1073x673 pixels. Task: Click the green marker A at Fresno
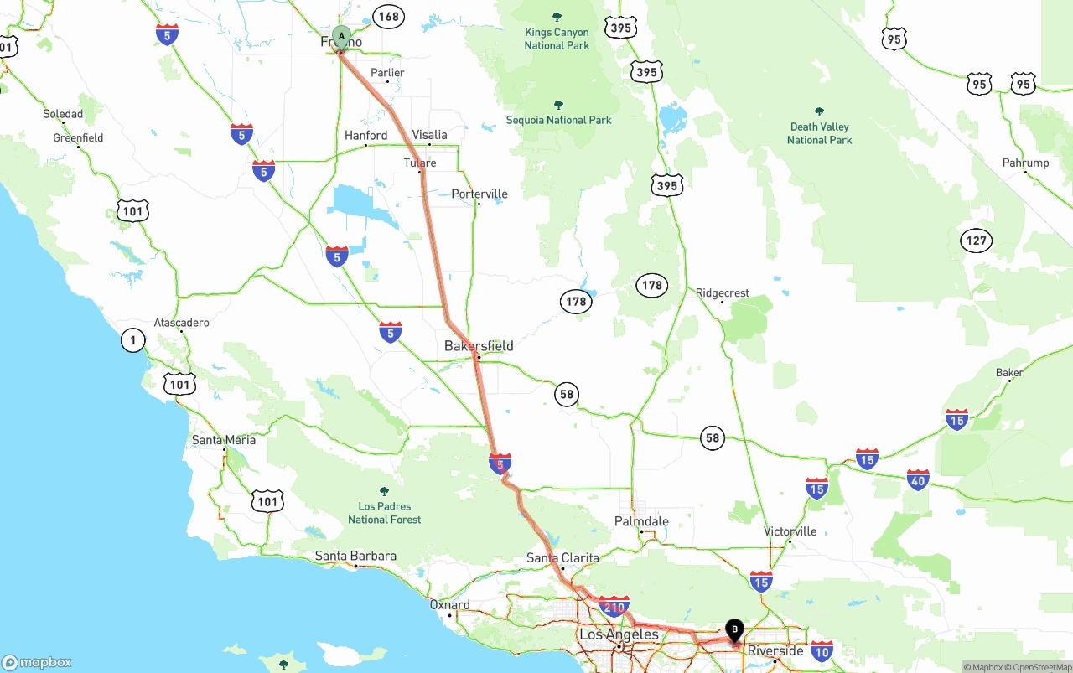340,36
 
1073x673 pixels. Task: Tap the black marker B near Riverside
734,629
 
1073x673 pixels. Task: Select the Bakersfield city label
479,345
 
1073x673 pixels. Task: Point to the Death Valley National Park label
819,133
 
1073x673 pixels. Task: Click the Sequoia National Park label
558,120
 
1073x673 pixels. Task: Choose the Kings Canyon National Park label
557,39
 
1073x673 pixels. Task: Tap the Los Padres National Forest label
385,513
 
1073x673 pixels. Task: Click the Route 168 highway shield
389,16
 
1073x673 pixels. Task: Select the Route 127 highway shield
976,241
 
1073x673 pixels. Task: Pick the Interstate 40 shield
918,480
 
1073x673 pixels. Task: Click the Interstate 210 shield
614,606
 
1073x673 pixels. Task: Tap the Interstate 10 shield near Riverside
822,650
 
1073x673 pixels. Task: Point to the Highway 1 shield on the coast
132,339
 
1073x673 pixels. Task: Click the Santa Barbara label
355,556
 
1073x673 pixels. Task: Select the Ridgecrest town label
722,293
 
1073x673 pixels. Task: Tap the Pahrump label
1025,163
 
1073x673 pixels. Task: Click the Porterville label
479,194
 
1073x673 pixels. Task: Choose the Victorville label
790,531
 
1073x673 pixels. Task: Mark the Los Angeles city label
619,634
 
